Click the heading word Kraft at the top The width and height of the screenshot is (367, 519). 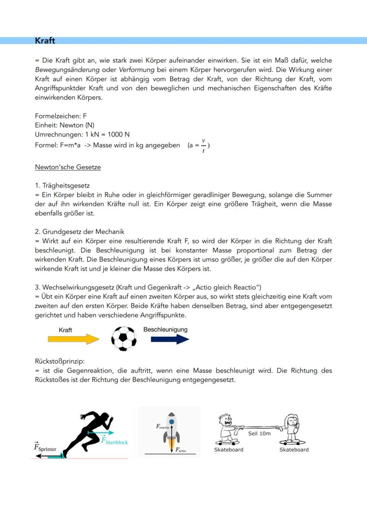pyautogui.click(x=45, y=41)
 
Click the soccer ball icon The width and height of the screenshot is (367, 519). pyautogui.click(x=124, y=339)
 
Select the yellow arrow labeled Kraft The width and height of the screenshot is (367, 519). pyautogui.click(x=74, y=339)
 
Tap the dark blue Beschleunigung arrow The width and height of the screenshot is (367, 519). pyautogui.click(x=170, y=339)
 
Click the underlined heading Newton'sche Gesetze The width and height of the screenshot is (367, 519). pyautogui.click(x=68, y=167)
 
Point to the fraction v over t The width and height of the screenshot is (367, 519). pyautogui.click(x=203, y=145)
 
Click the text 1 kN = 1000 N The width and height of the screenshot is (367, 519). pyautogui.click(x=107, y=134)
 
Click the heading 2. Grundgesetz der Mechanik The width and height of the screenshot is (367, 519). pyautogui.click(x=80, y=232)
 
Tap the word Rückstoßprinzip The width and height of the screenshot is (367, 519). pyautogui.click(x=60, y=361)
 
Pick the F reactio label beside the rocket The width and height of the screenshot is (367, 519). pyautogui.click(x=163, y=426)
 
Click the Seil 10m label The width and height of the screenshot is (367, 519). pyautogui.click(x=259, y=433)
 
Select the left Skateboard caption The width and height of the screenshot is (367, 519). pyautogui.click(x=229, y=449)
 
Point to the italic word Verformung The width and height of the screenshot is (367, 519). pyautogui.click(x=137, y=70)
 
